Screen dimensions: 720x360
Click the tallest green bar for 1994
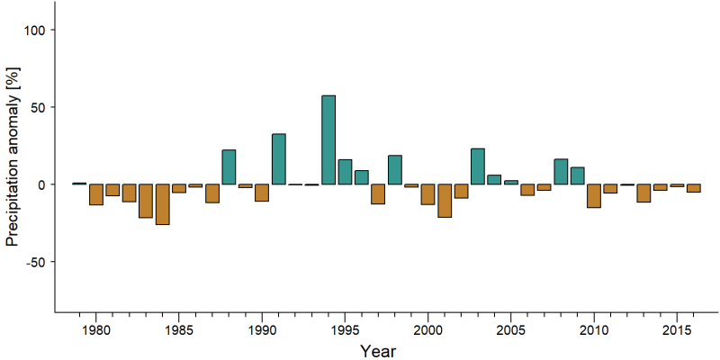coord(328,139)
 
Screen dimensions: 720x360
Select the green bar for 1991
coord(279,159)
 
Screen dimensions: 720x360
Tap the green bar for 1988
coord(229,166)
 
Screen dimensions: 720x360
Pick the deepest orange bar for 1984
coord(163,204)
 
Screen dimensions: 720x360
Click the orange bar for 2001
coord(445,201)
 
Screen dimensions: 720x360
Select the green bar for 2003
coord(478,166)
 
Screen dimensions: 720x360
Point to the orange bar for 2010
coord(594,196)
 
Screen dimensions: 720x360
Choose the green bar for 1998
coord(395,170)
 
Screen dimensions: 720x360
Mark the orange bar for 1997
coord(378,193)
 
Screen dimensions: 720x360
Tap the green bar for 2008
coord(561,172)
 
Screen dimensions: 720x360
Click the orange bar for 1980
coord(96,194)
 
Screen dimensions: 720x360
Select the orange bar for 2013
coord(643,193)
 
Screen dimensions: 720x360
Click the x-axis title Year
coord(377,351)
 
